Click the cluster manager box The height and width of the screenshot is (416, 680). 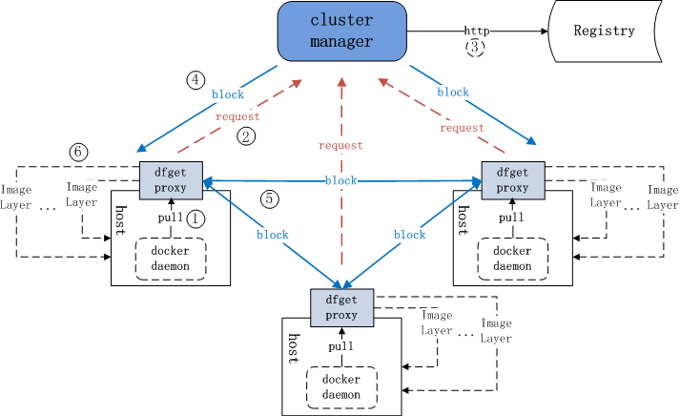pyautogui.click(x=341, y=31)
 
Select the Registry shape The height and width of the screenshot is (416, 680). pyautogui.click(x=604, y=31)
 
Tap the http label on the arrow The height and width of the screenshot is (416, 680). pyautogui.click(x=477, y=31)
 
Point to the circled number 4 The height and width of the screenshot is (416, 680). pyautogui.click(x=196, y=80)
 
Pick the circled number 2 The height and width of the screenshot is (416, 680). pyautogui.click(x=246, y=136)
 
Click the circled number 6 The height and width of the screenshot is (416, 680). pyautogui.click(x=78, y=152)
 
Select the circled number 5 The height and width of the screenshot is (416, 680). pyautogui.click(x=271, y=198)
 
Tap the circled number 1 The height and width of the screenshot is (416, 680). pyautogui.click(x=196, y=218)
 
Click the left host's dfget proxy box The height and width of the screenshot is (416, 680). pyautogui.click(x=171, y=178)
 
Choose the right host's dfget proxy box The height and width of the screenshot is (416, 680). pyautogui.click(x=512, y=178)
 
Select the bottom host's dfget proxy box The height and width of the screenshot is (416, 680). pyautogui.click(x=340, y=306)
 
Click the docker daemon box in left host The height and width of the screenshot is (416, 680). pyautogui.click(x=171, y=259)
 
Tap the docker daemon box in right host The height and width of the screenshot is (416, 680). pyautogui.click(x=512, y=259)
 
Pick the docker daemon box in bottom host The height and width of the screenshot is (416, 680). pyautogui.click(x=340, y=386)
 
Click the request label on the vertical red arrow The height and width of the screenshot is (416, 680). pyautogui.click(x=340, y=146)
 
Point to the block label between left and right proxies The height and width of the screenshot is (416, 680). pyautogui.click(x=340, y=180)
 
